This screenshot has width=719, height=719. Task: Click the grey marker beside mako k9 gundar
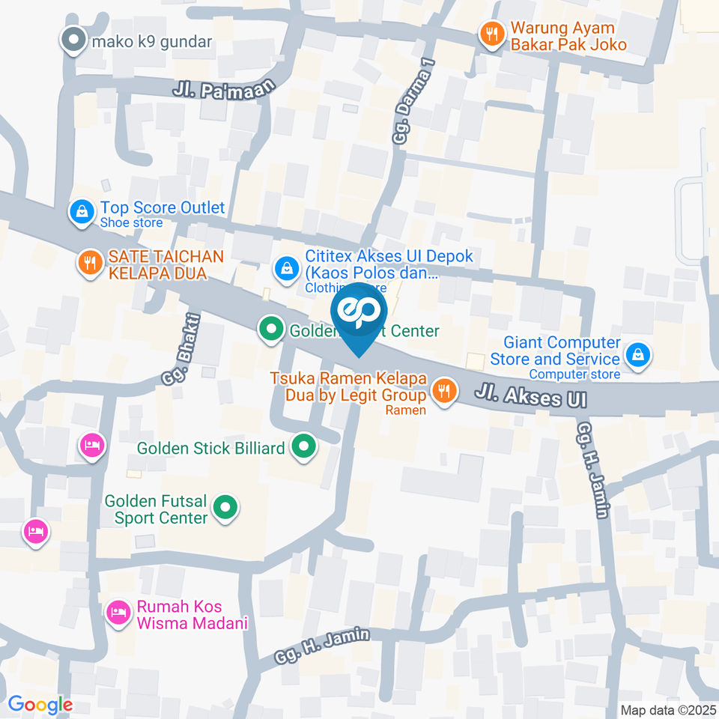pos(73,40)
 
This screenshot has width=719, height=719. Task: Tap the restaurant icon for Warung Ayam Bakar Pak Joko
pos(491,34)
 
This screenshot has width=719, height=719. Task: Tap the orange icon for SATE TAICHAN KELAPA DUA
pos(90,263)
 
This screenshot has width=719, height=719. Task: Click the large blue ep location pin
pos(359,315)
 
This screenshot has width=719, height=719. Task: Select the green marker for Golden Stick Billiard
pos(303,448)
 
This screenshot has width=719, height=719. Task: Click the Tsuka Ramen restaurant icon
pos(444,389)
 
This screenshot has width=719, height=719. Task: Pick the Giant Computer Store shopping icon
pos(637,354)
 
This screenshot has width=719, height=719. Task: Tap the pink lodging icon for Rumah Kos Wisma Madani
pos(117,613)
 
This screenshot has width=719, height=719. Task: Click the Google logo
pos(40,704)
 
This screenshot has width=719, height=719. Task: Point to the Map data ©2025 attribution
pos(669,710)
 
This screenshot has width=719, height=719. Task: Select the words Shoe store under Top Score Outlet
pos(132,222)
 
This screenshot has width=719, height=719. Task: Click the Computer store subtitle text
pos(574,374)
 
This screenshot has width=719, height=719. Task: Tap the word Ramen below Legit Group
pos(405,410)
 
